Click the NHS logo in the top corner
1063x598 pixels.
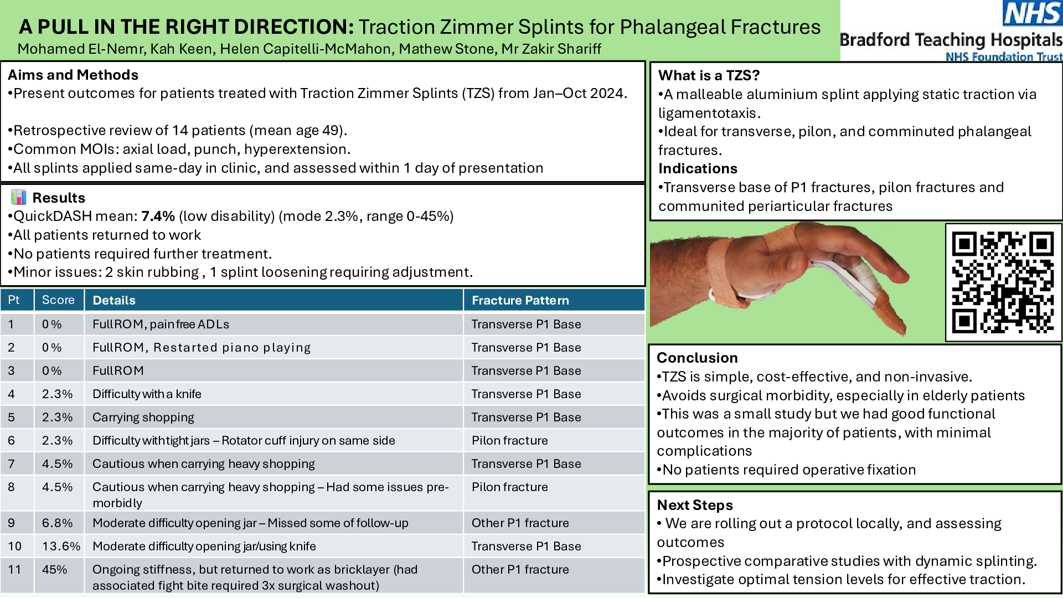tap(1033, 13)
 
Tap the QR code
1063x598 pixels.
tap(1003, 282)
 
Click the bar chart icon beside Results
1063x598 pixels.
tap(19, 197)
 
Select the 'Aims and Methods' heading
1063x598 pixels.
tap(73, 75)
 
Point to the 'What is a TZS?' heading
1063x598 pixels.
tap(709, 75)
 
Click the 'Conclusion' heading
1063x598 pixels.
tap(697, 358)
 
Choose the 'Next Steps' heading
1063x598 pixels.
tap(695, 505)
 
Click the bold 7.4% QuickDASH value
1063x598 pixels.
tap(158, 216)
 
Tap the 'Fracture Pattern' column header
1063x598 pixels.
tap(520, 300)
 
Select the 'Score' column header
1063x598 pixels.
tap(58, 300)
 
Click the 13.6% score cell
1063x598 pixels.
tap(61, 546)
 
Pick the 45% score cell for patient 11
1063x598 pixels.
tap(54, 569)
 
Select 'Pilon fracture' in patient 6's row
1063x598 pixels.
tap(510, 440)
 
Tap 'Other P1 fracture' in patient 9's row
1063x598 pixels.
tap(520, 523)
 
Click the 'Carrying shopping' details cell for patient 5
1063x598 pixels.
tap(143, 417)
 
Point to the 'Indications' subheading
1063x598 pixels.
tap(698, 168)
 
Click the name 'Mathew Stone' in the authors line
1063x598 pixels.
tap(446, 49)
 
